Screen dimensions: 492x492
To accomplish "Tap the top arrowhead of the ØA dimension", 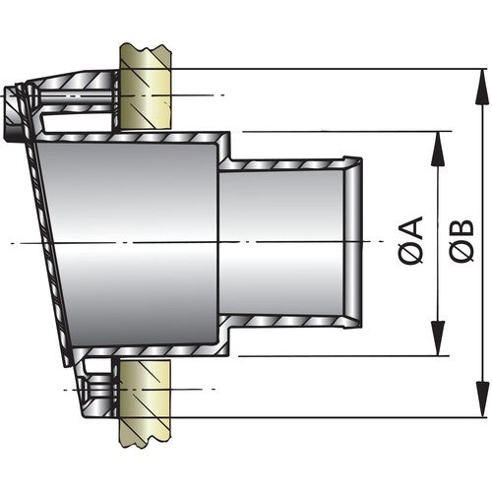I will point(434,139).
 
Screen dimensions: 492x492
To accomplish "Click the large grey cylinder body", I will point(128,241).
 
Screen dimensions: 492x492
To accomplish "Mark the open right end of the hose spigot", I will point(356,241).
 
